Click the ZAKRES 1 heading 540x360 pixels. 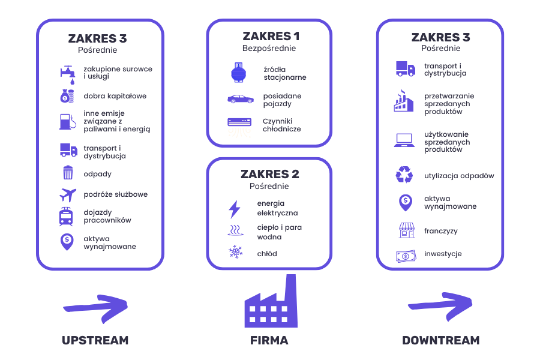[269, 37]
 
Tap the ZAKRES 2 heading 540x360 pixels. [269, 175]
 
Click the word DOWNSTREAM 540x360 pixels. [440, 341]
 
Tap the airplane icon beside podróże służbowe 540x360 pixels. [68, 195]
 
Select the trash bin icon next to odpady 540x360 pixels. [68, 173]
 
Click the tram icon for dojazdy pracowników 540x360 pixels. [67, 217]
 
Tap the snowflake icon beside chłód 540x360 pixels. [234, 252]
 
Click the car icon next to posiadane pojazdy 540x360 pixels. [240, 99]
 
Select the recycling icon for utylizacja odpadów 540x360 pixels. [404, 175]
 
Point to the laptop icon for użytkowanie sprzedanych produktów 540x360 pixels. [404, 141]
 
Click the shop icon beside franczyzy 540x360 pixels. [406, 230]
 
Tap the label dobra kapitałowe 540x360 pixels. [115, 96]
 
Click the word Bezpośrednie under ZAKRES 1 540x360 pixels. [269, 49]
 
